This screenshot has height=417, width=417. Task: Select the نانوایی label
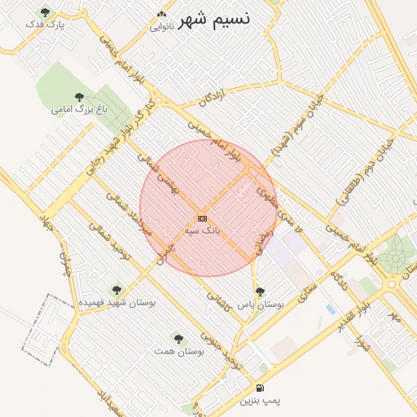point(160,27)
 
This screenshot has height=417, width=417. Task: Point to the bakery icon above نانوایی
point(161,15)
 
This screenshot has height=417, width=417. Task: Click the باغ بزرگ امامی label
point(79,108)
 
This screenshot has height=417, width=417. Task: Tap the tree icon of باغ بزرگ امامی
point(79,96)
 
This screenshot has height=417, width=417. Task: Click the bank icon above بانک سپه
point(202,218)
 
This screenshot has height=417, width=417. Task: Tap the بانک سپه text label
point(202,230)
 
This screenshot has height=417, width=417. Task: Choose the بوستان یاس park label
point(260,304)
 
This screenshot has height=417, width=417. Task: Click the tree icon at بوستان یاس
point(260,291)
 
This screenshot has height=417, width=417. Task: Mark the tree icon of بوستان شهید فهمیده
point(116,289)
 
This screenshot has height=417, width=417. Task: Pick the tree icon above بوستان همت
point(178,338)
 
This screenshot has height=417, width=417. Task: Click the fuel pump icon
point(260,388)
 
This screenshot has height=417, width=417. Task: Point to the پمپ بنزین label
point(260,401)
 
